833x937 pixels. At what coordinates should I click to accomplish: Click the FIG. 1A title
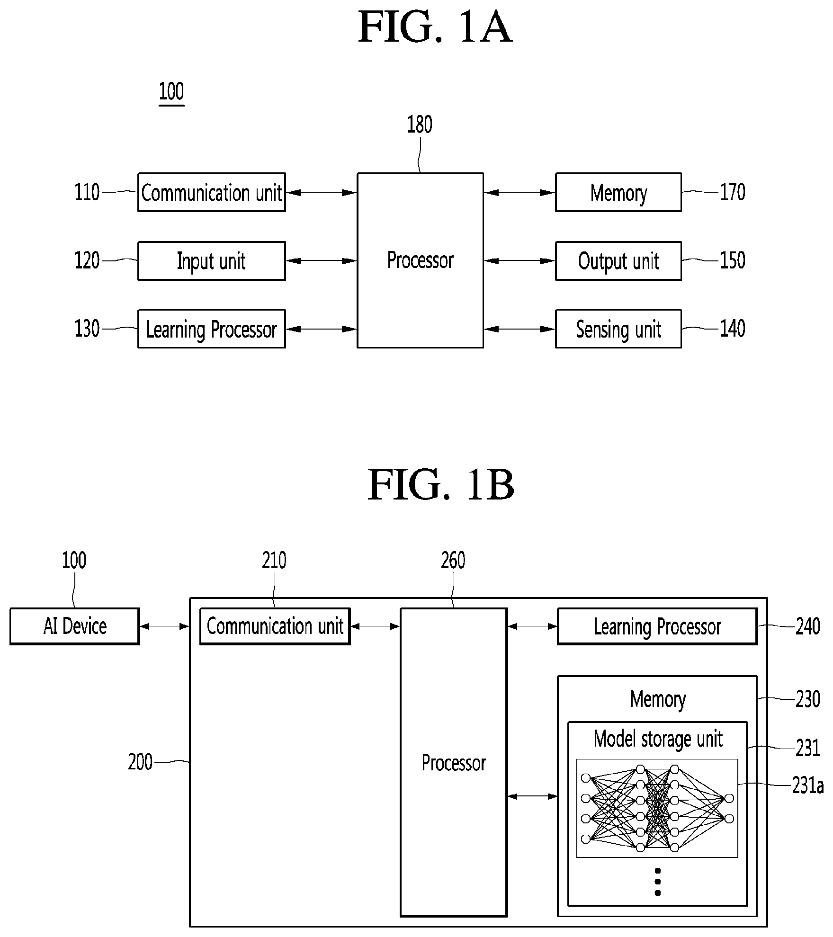tap(435, 27)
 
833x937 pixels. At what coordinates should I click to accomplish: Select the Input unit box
tap(212, 261)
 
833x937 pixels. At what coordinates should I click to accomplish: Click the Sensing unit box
tap(618, 329)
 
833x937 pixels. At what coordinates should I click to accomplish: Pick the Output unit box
tap(618, 261)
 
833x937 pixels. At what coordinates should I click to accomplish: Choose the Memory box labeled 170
tap(618, 192)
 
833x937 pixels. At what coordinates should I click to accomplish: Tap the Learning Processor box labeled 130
tap(212, 329)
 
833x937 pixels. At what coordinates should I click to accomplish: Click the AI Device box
tap(75, 626)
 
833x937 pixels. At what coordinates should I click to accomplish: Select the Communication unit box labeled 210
tap(275, 626)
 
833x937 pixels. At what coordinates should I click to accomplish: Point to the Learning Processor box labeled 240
tap(657, 626)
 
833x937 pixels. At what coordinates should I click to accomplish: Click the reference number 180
tap(420, 125)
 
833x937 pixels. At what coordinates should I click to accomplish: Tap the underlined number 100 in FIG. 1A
tap(171, 91)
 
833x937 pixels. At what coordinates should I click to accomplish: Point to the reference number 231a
tap(808, 785)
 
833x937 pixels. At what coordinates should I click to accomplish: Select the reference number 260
tap(453, 561)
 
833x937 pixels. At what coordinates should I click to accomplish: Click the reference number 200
tap(140, 762)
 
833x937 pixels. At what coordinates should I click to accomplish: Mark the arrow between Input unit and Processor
tap(322, 261)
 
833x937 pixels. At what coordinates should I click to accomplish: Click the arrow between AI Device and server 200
tap(165, 626)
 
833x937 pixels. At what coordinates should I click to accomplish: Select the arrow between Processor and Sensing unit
tap(520, 329)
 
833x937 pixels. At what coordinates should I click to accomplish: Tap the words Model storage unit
tap(658, 739)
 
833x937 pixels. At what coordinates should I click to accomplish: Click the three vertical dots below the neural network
tap(657, 882)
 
